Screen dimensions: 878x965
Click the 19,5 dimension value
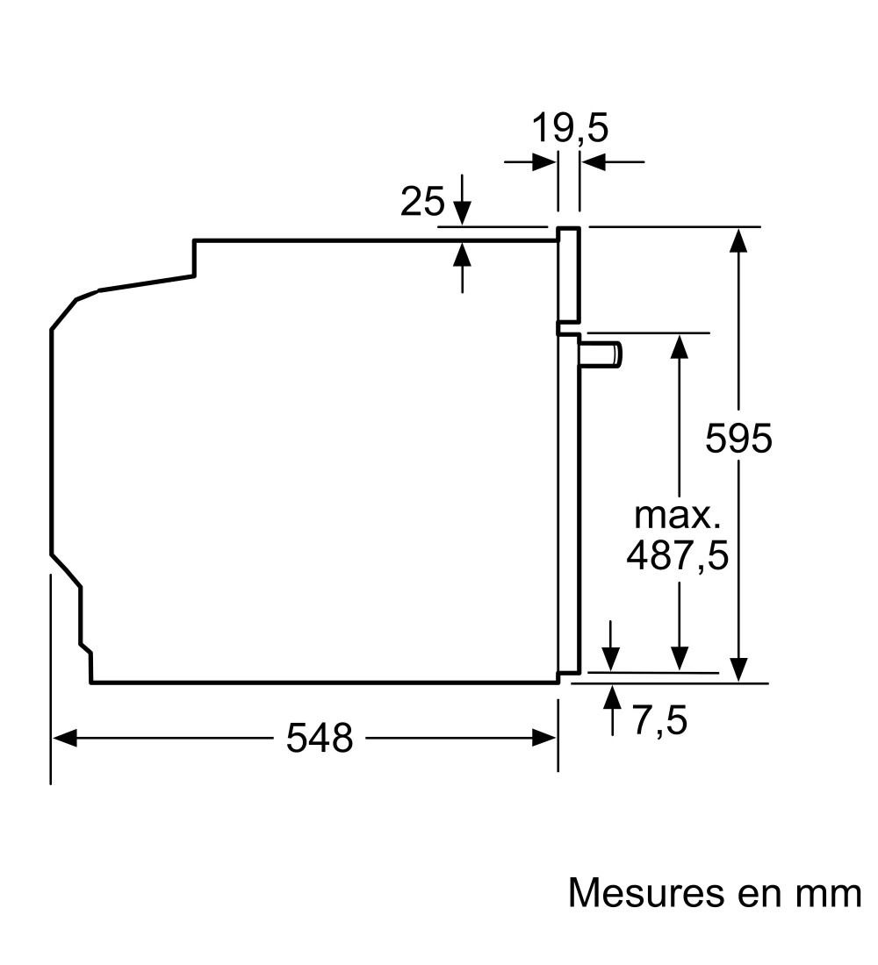pos(569,129)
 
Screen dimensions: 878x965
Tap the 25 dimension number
pos(422,201)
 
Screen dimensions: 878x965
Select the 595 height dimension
pos(738,438)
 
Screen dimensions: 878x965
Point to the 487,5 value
pos(677,554)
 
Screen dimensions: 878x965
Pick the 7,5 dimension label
pos(659,720)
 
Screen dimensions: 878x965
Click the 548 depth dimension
pos(320,737)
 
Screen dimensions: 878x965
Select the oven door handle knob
pos(601,355)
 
